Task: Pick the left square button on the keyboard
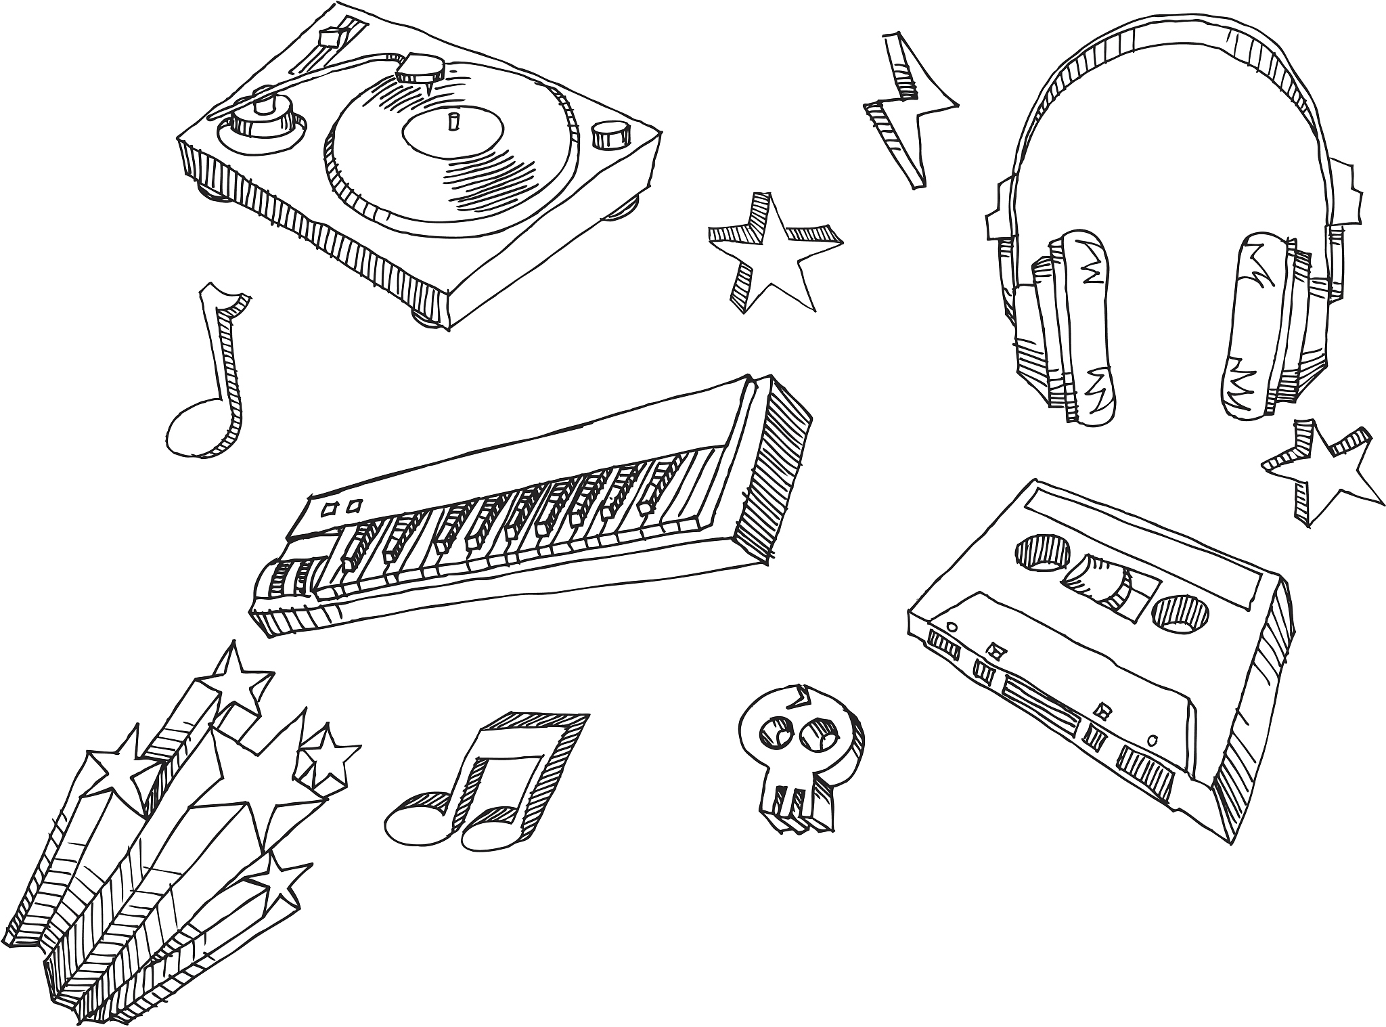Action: [330, 509]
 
